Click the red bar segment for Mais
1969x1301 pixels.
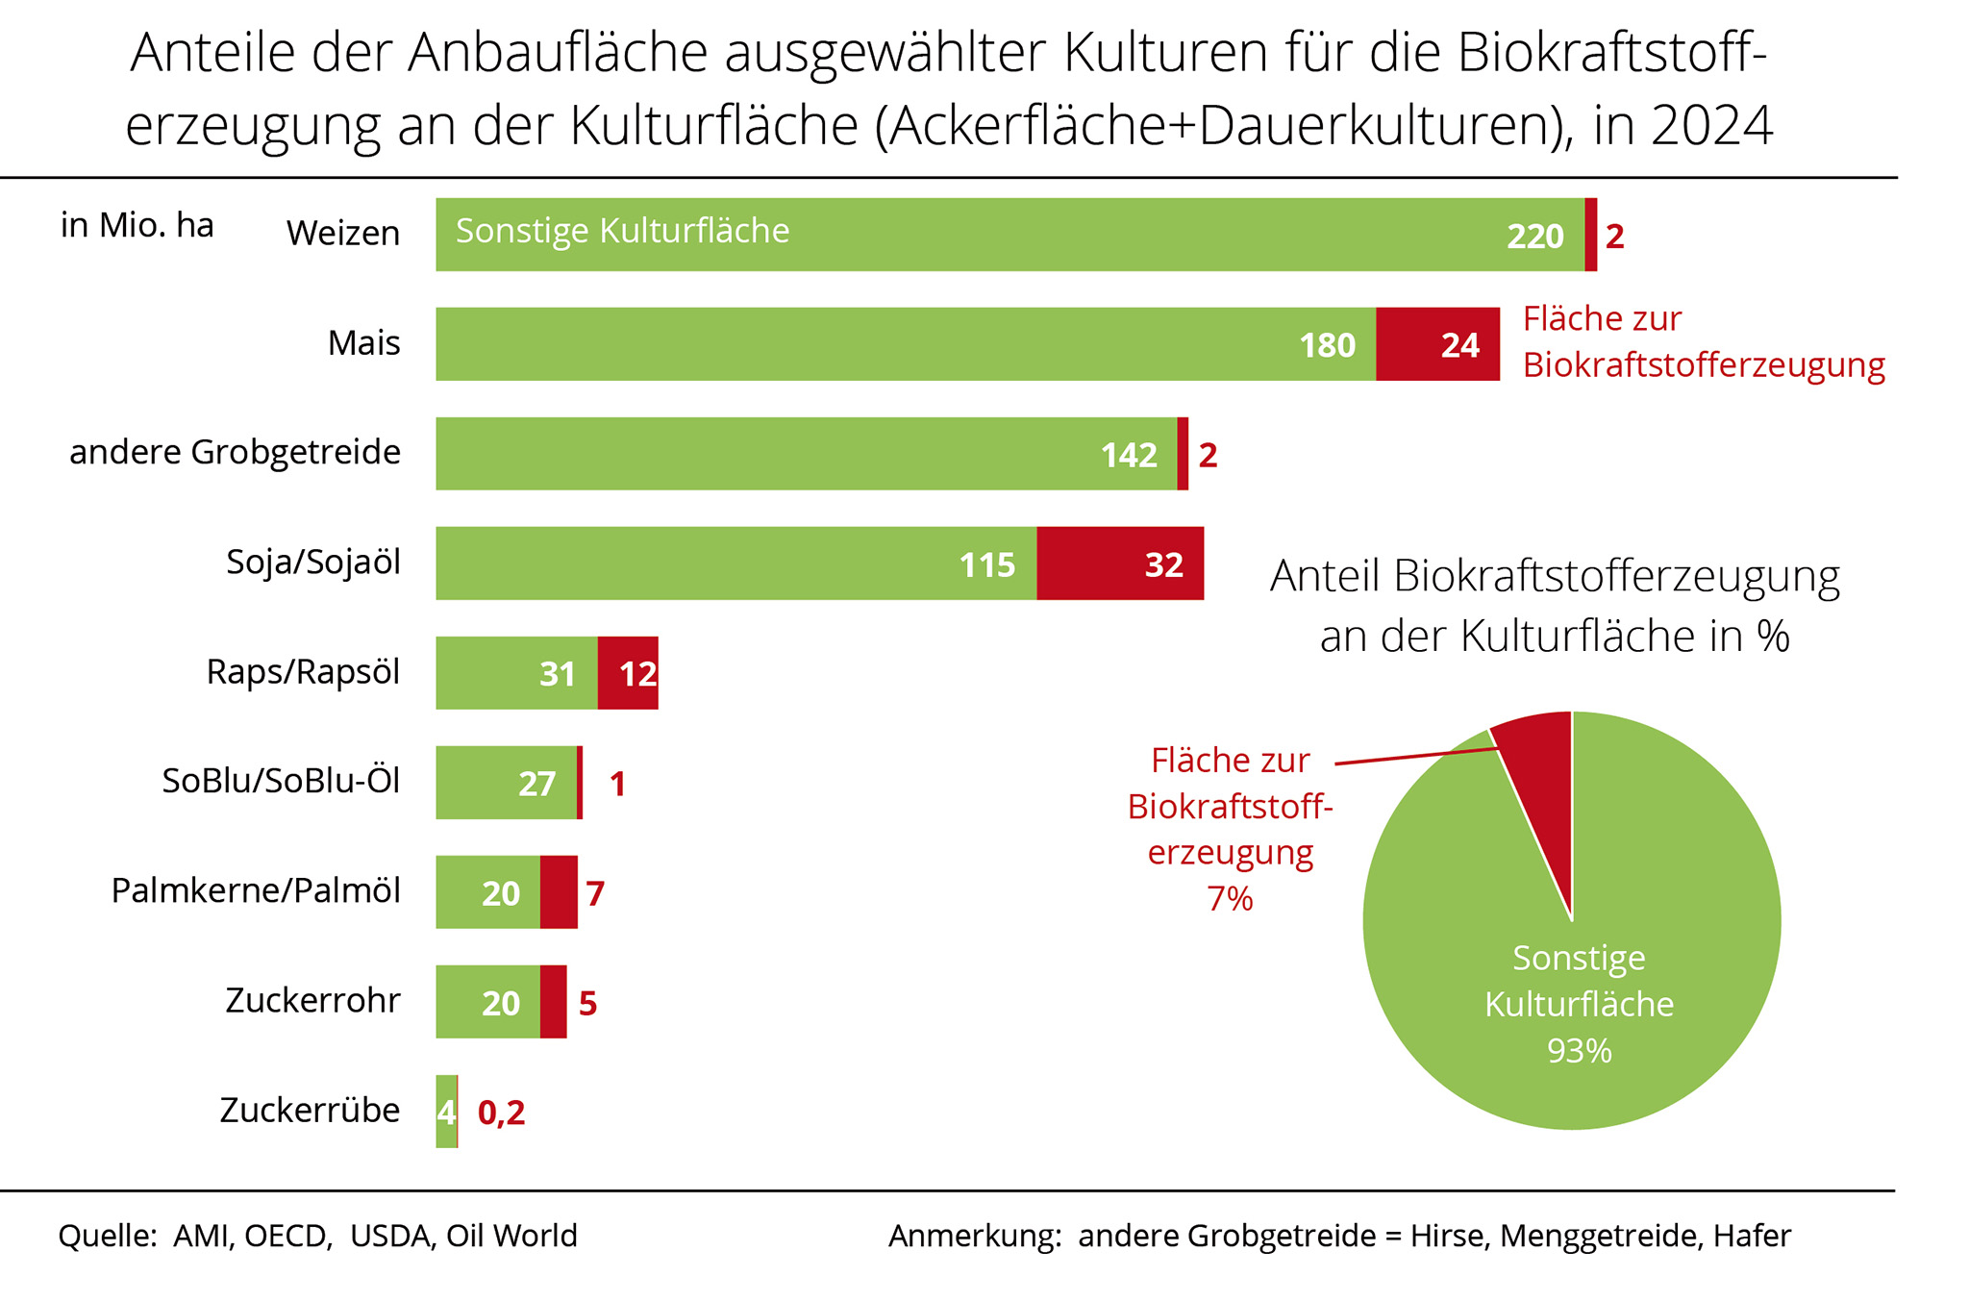pyautogui.click(x=1436, y=344)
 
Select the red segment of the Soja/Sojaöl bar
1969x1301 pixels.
pyautogui.click(x=1119, y=563)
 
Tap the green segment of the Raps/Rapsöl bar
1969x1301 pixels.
pyautogui.click(x=516, y=673)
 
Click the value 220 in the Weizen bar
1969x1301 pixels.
pyautogui.click(x=1534, y=237)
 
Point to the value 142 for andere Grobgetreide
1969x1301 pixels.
pyautogui.click(x=1129, y=455)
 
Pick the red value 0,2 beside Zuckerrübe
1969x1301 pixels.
pyautogui.click(x=501, y=1113)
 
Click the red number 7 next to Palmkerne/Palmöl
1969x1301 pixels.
pyautogui.click(x=595, y=893)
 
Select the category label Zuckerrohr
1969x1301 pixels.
pyautogui.click(x=312, y=1001)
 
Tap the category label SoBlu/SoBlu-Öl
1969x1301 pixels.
pyautogui.click(x=281, y=782)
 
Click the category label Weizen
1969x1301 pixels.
pyautogui.click(x=342, y=234)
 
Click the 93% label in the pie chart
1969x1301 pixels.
pyautogui.click(x=1579, y=1051)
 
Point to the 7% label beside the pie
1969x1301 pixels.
pyautogui.click(x=1230, y=899)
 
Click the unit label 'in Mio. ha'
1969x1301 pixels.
pyautogui.click(x=137, y=226)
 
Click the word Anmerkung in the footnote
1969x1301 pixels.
pyautogui.click(x=974, y=1236)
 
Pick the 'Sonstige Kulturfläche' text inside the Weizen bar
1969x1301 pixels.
pyautogui.click(x=622, y=232)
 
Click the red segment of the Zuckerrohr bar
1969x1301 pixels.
pyautogui.click(x=553, y=1002)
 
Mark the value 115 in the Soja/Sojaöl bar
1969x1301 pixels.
pyautogui.click(x=986, y=564)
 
